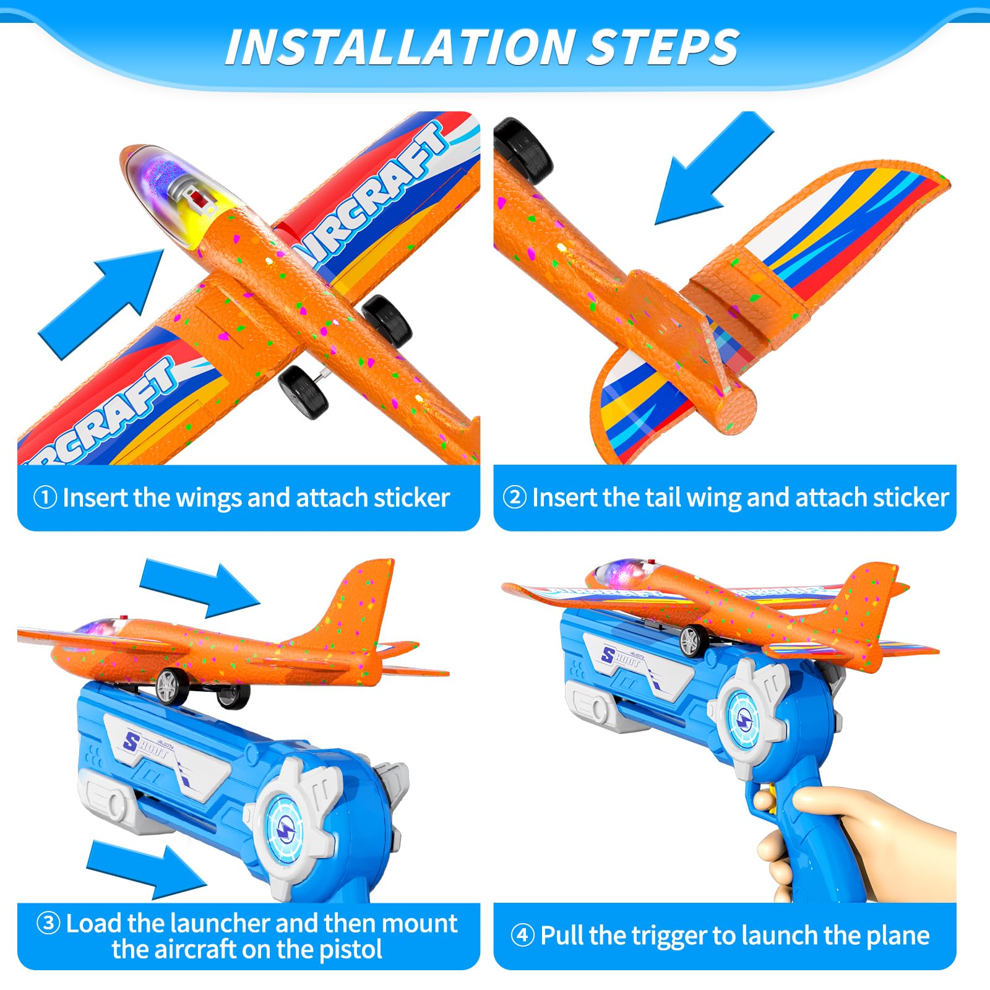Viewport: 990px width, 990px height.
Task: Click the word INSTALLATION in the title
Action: point(398,47)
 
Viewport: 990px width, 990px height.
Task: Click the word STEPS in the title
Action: point(662,47)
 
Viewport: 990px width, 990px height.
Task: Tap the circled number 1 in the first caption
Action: point(45,497)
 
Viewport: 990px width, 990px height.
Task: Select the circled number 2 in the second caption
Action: point(515,497)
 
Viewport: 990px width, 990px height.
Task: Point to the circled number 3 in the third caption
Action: point(49,923)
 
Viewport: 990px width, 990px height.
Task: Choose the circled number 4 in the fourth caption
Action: point(523,935)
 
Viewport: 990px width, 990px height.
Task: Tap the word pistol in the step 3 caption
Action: point(350,949)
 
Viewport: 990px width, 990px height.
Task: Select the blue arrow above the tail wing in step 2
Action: point(712,170)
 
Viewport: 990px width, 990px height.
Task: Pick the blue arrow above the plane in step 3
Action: point(199,587)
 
